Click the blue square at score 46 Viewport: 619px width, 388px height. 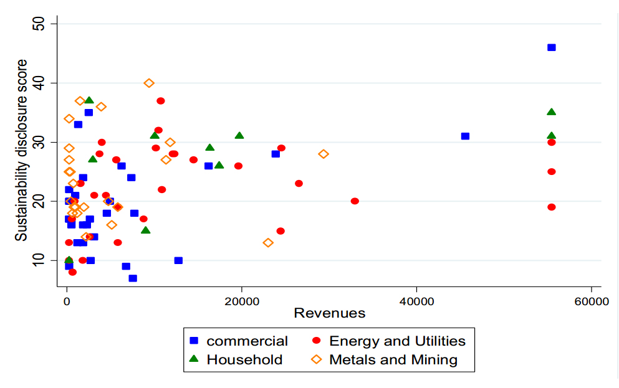[x=551, y=47]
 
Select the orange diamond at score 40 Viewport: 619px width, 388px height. [x=149, y=83]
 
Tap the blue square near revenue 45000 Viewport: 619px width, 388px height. [x=465, y=136]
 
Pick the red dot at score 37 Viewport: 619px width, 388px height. [x=161, y=101]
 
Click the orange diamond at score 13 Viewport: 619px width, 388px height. [x=268, y=242]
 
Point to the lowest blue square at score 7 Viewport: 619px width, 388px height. [x=133, y=278]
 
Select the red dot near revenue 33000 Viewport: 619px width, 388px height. [x=355, y=201]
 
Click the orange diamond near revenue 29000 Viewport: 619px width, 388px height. [x=323, y=154]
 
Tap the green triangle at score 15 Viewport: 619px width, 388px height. [x=145, y=230]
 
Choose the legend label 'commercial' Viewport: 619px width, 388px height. [x=247, y=341]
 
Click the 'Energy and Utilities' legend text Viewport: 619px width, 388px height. [x=397, y=341]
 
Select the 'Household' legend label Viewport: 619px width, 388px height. [x=244, y=359]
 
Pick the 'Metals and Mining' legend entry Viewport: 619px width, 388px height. [x=393, y=359]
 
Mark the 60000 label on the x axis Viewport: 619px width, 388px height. [x=591, y=301]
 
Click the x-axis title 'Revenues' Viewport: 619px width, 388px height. [x=329, y=313]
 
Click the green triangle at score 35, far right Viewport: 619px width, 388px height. [x=551, y=112]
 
